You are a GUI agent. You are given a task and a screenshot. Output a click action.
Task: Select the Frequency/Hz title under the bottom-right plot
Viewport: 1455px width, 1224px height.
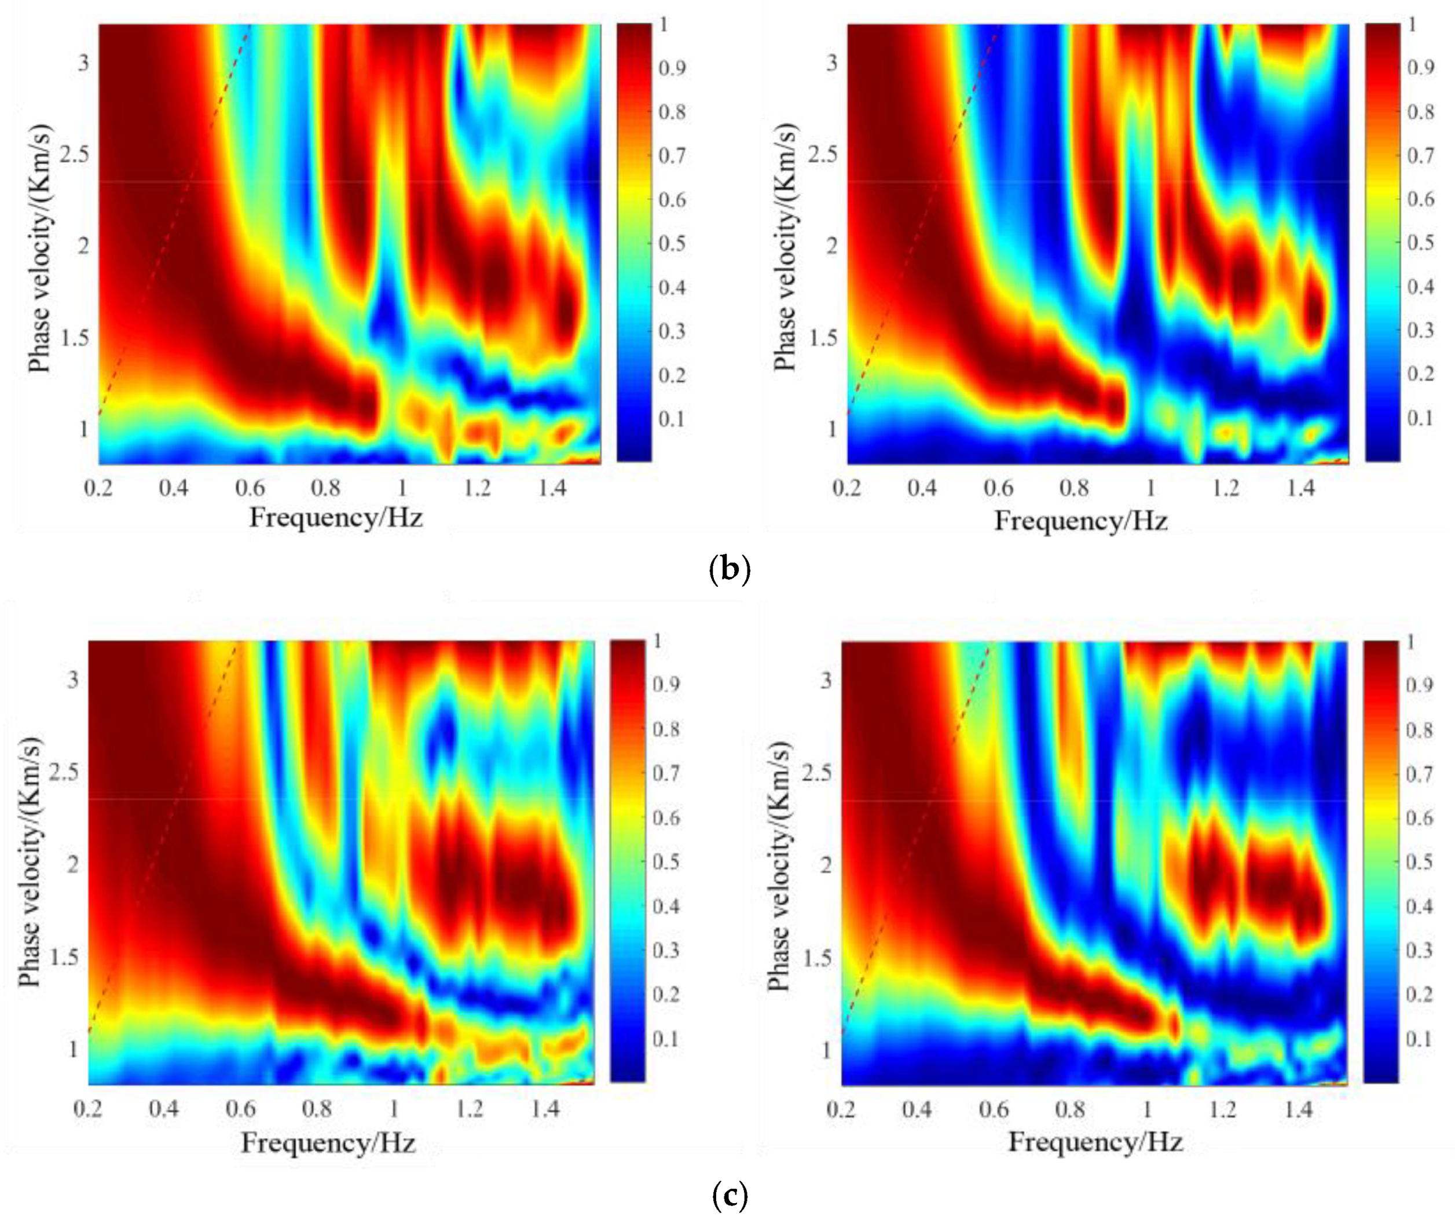[x=1095, y=1141]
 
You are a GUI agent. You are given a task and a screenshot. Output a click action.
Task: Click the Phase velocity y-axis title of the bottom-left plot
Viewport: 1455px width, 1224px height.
[x=29, y=862]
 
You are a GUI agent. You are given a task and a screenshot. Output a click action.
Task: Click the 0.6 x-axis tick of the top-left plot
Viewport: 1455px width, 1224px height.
[x=250, y=488]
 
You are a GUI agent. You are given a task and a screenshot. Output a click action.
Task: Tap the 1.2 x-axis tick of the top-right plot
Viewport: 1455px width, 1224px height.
[x=1226, y=488]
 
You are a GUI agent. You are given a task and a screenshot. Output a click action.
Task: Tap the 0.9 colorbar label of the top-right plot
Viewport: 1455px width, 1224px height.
[x=1420, y=67]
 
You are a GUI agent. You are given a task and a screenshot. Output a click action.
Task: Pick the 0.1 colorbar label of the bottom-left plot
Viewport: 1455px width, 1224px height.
[x=666, y=1039]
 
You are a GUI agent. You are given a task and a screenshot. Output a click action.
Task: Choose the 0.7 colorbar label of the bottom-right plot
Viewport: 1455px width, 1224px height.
[x=1419, y=774]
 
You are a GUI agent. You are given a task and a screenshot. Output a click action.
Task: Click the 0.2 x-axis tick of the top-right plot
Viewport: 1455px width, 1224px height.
[x=847, y=488]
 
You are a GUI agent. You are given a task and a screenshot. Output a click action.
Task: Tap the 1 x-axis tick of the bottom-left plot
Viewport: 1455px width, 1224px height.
[x=393, y=1109]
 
